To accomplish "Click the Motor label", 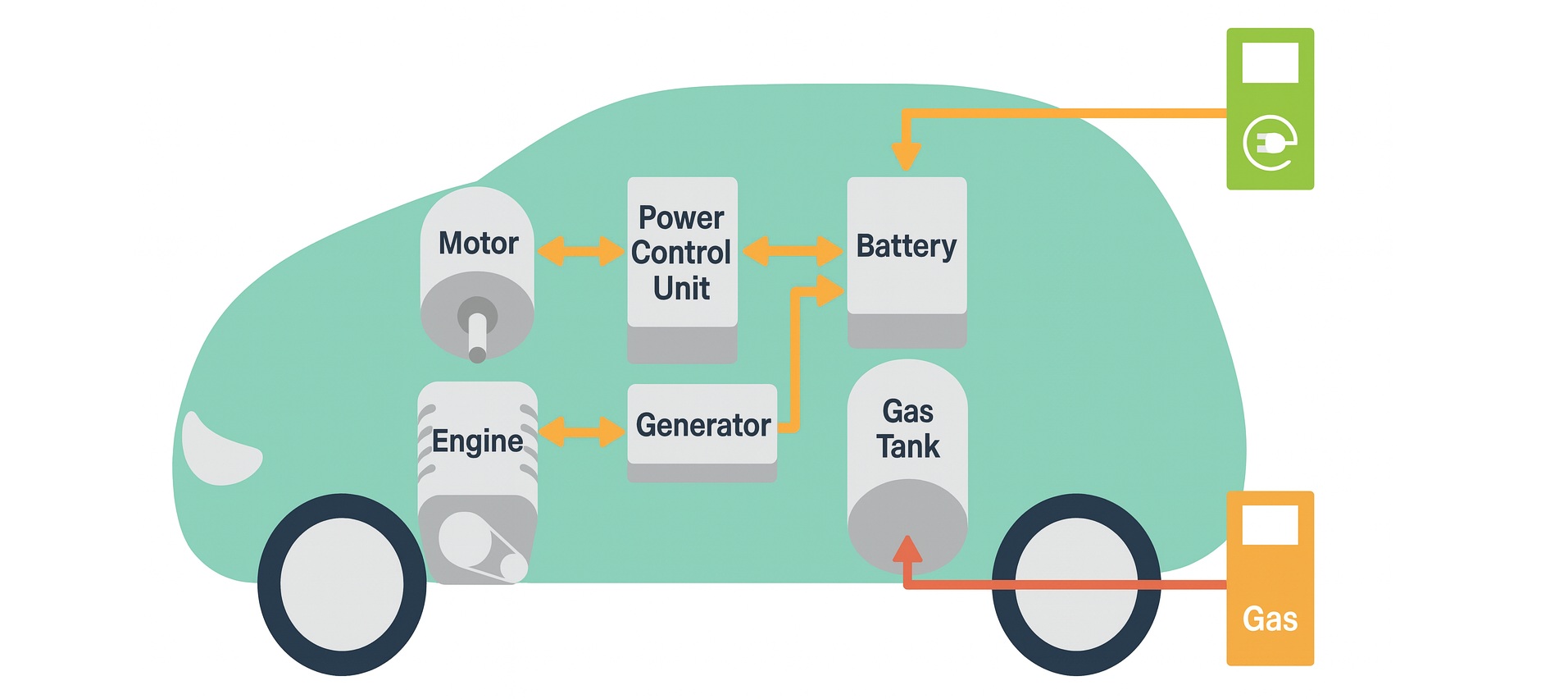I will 478,243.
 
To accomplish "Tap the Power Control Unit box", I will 682,254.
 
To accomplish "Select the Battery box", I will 907,246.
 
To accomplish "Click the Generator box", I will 702,425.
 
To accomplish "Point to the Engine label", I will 477,441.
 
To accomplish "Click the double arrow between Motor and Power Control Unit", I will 580,251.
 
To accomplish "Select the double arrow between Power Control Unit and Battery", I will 792,251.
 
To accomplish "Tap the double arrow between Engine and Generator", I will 581,432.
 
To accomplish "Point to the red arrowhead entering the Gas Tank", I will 907,549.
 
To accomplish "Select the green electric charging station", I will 1270,109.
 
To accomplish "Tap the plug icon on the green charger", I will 1270,144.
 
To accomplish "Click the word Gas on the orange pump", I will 1270,619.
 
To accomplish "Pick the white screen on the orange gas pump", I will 1270,524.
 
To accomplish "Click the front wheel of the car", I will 342,584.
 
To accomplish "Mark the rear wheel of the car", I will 1076,584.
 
